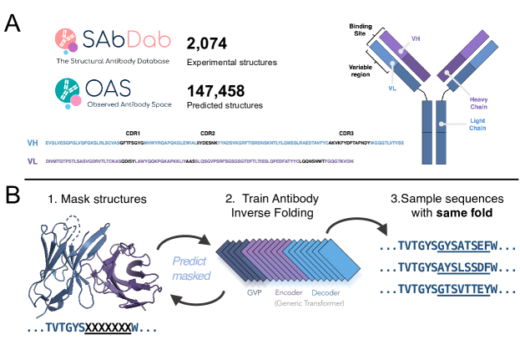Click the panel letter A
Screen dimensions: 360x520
click(x=14, y=23)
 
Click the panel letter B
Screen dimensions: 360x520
click(x=14, y=195)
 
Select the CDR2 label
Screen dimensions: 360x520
click(x=208, y=133)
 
